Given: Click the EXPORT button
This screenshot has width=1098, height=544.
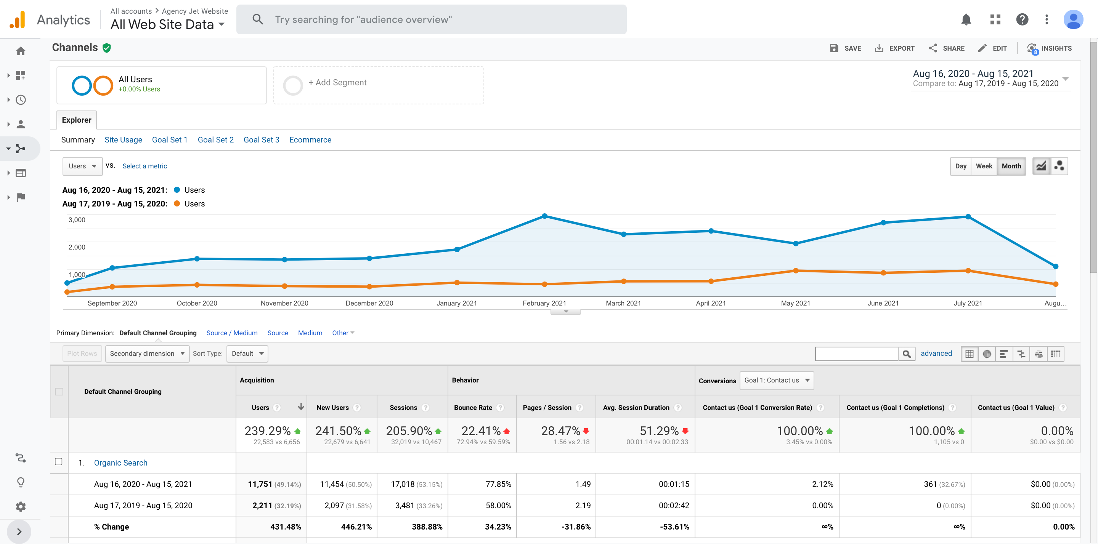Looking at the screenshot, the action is [894, 48].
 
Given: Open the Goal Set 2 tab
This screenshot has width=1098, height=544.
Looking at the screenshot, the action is [216, 140].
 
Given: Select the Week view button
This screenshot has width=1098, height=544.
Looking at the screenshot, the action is [984, 166].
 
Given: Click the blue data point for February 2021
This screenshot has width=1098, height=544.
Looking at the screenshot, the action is [544, 216].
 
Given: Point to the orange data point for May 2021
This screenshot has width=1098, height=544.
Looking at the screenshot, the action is [795, 270].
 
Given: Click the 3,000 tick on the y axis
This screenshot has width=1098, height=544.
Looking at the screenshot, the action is [77, 220].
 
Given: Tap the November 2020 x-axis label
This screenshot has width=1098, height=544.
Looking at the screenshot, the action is [284, 303].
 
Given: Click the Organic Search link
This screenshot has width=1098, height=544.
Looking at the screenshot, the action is [120, 462].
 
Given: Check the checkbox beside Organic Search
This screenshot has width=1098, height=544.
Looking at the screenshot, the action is [59, 462].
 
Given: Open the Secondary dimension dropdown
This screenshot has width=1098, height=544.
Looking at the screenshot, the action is [147, 354].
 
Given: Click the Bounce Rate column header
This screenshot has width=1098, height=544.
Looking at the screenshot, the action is [473, 408].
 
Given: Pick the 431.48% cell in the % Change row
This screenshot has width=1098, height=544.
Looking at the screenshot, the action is [286, 527].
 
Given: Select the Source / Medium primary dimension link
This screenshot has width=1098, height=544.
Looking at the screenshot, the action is [232, 333].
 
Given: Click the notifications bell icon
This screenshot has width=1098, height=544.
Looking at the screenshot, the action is [966, 19].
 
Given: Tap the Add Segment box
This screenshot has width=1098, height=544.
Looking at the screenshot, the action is [378, 85].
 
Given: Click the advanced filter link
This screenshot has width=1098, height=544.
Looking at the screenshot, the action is [936, 353].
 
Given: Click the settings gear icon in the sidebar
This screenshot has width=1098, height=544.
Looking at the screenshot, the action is [21, 507].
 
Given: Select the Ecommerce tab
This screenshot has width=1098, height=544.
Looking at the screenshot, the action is [310, 140].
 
